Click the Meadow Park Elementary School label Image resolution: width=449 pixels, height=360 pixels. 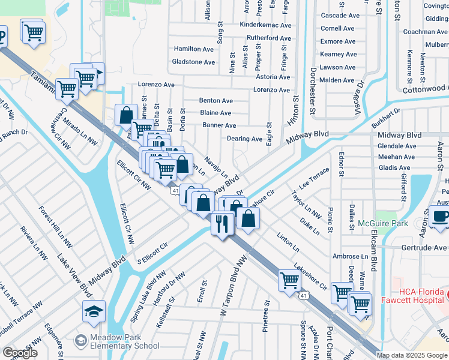[124, 341]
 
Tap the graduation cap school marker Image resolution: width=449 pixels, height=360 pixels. [94, 311]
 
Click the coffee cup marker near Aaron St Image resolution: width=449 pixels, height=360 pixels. [441, 217]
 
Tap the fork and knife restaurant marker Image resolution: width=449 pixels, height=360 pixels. [222, 224]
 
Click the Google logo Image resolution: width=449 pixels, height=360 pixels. [20, 353]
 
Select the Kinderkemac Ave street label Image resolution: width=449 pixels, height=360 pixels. [265, 25]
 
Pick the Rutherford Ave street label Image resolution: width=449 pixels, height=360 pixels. [268, 38]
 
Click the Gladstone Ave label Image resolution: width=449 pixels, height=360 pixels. [193, 62]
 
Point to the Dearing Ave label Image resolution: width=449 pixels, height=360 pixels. [244, 139]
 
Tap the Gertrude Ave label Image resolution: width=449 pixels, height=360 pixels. [423, 248]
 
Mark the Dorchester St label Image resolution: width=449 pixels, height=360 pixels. [313, 90]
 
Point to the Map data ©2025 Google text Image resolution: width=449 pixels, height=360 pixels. [411, 355]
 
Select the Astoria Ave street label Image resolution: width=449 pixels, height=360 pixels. [273, 77]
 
